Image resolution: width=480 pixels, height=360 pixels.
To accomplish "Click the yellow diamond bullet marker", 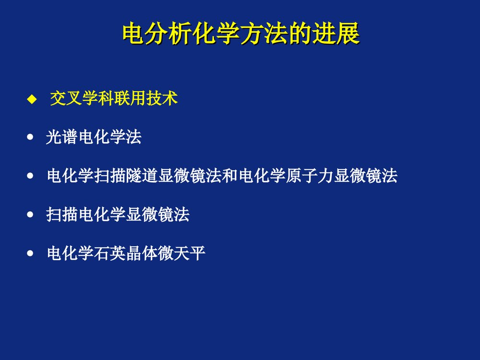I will click(x=32, y=99).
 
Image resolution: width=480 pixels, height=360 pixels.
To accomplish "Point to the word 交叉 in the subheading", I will click(x=66, y=99).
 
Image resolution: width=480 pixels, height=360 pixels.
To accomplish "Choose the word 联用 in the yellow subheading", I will click(x=130, y=99).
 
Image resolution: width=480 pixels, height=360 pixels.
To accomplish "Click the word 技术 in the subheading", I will click(x=162, y=99).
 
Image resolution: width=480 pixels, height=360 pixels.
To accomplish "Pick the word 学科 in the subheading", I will click(x=98, y=99).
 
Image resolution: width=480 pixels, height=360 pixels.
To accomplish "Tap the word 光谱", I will click(x=62, y=138).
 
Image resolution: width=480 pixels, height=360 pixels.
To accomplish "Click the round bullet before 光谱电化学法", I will click(x=32, y=138).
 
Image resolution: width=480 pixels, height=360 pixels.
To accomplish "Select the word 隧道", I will click(x=142, y=176).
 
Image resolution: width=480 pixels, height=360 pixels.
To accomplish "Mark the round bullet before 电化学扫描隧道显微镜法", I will click(x=32, y=176).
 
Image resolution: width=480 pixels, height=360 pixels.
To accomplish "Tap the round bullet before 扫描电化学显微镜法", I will click(x=32, y=215).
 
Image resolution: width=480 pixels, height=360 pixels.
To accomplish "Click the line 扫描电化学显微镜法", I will click(x=118, y=215).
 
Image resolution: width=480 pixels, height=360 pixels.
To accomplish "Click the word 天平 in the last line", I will click(x=190, y=253).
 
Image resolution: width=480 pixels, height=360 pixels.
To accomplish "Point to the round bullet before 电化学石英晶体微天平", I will click(x=32, y=253).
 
